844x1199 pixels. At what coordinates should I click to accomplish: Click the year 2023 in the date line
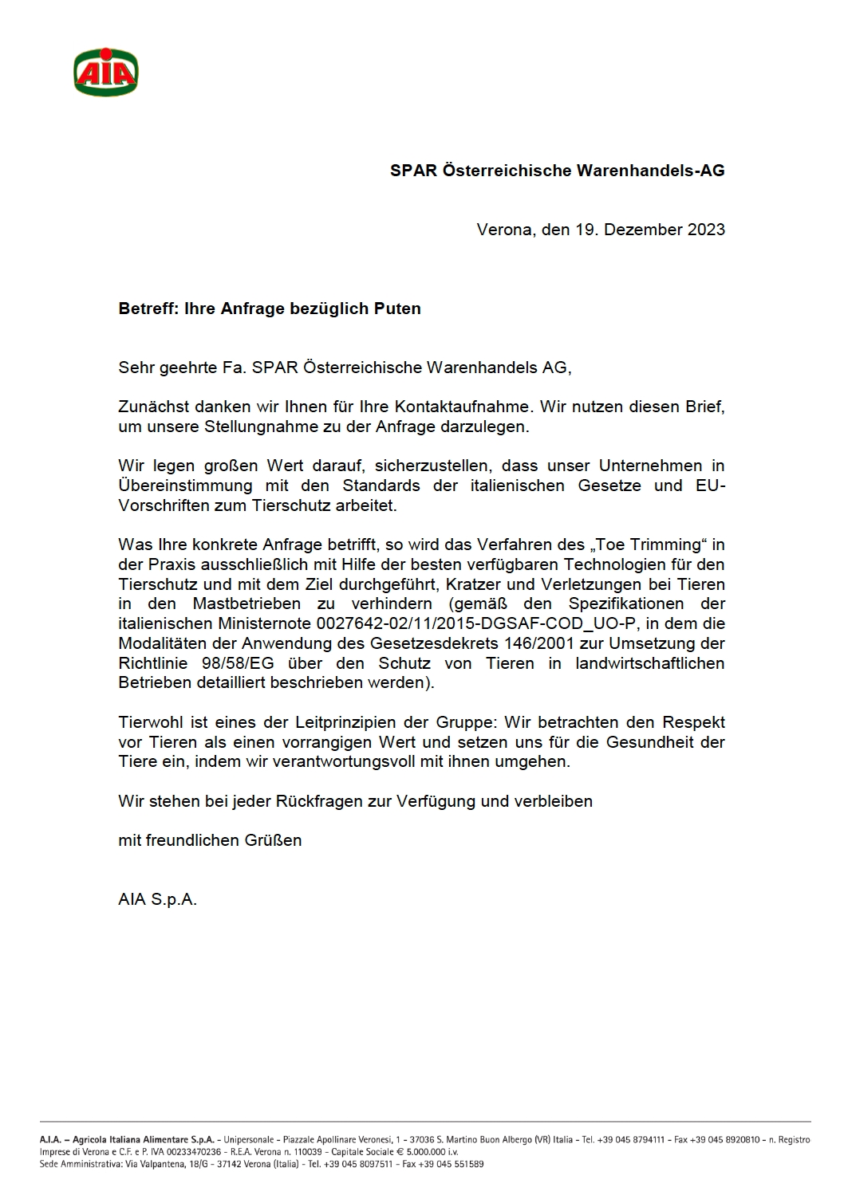[705, 230]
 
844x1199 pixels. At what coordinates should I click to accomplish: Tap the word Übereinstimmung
[185, 485]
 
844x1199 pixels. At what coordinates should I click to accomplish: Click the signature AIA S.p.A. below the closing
[157, 899]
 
